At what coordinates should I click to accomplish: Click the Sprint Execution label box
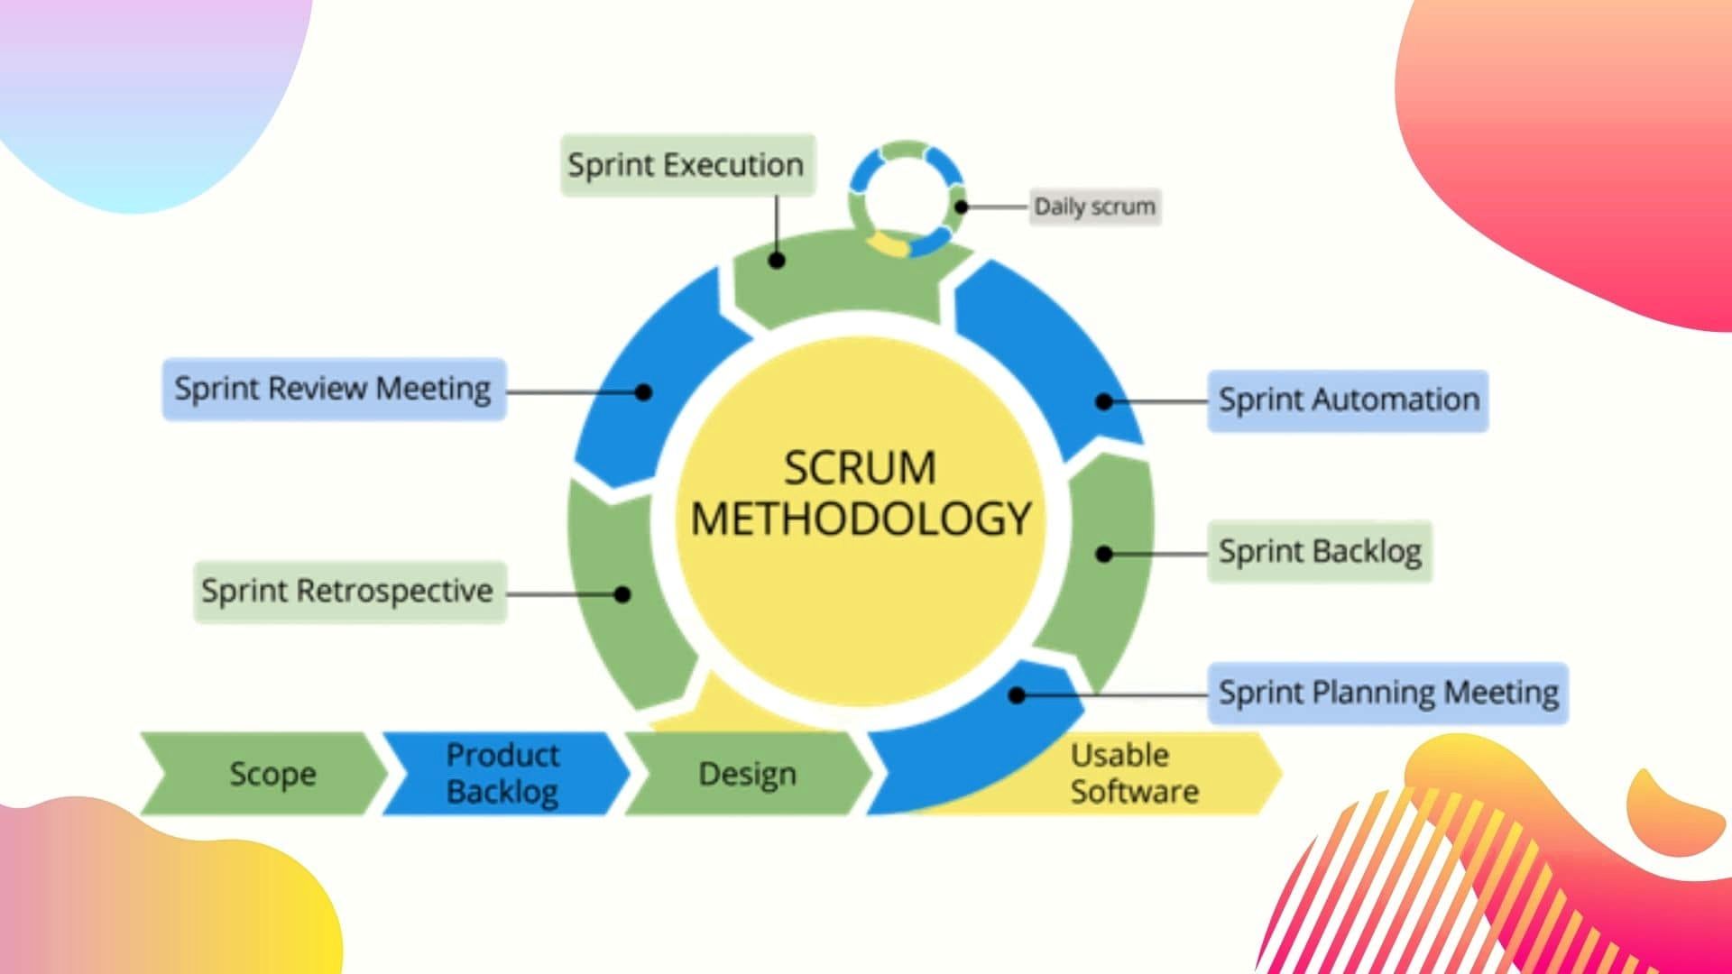point(687,165)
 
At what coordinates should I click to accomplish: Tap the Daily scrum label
point(1094,207)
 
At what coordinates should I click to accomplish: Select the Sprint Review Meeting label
point(334,389)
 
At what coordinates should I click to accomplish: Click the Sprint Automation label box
point(1348,400)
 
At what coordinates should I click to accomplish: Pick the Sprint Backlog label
point(1319,551)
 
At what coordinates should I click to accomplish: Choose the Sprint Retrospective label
point(349,592)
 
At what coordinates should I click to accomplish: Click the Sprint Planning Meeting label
point(1387,693)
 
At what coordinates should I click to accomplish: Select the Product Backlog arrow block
point(502,773)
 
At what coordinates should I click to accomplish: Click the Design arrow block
point(747,774)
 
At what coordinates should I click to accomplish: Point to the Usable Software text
point(1133,773)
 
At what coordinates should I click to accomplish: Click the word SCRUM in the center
point(860,468)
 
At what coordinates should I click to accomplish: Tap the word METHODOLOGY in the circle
point(860,519)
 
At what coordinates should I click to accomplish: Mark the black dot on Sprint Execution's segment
point(777,261)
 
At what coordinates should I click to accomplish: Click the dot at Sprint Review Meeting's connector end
point(643,392)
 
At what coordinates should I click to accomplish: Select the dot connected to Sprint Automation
point(1104,401)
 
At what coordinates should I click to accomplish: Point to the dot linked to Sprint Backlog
point(1104,554)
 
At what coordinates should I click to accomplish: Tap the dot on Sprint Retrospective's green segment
point(622,594)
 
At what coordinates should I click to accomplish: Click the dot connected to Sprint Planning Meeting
point(1017,695)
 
